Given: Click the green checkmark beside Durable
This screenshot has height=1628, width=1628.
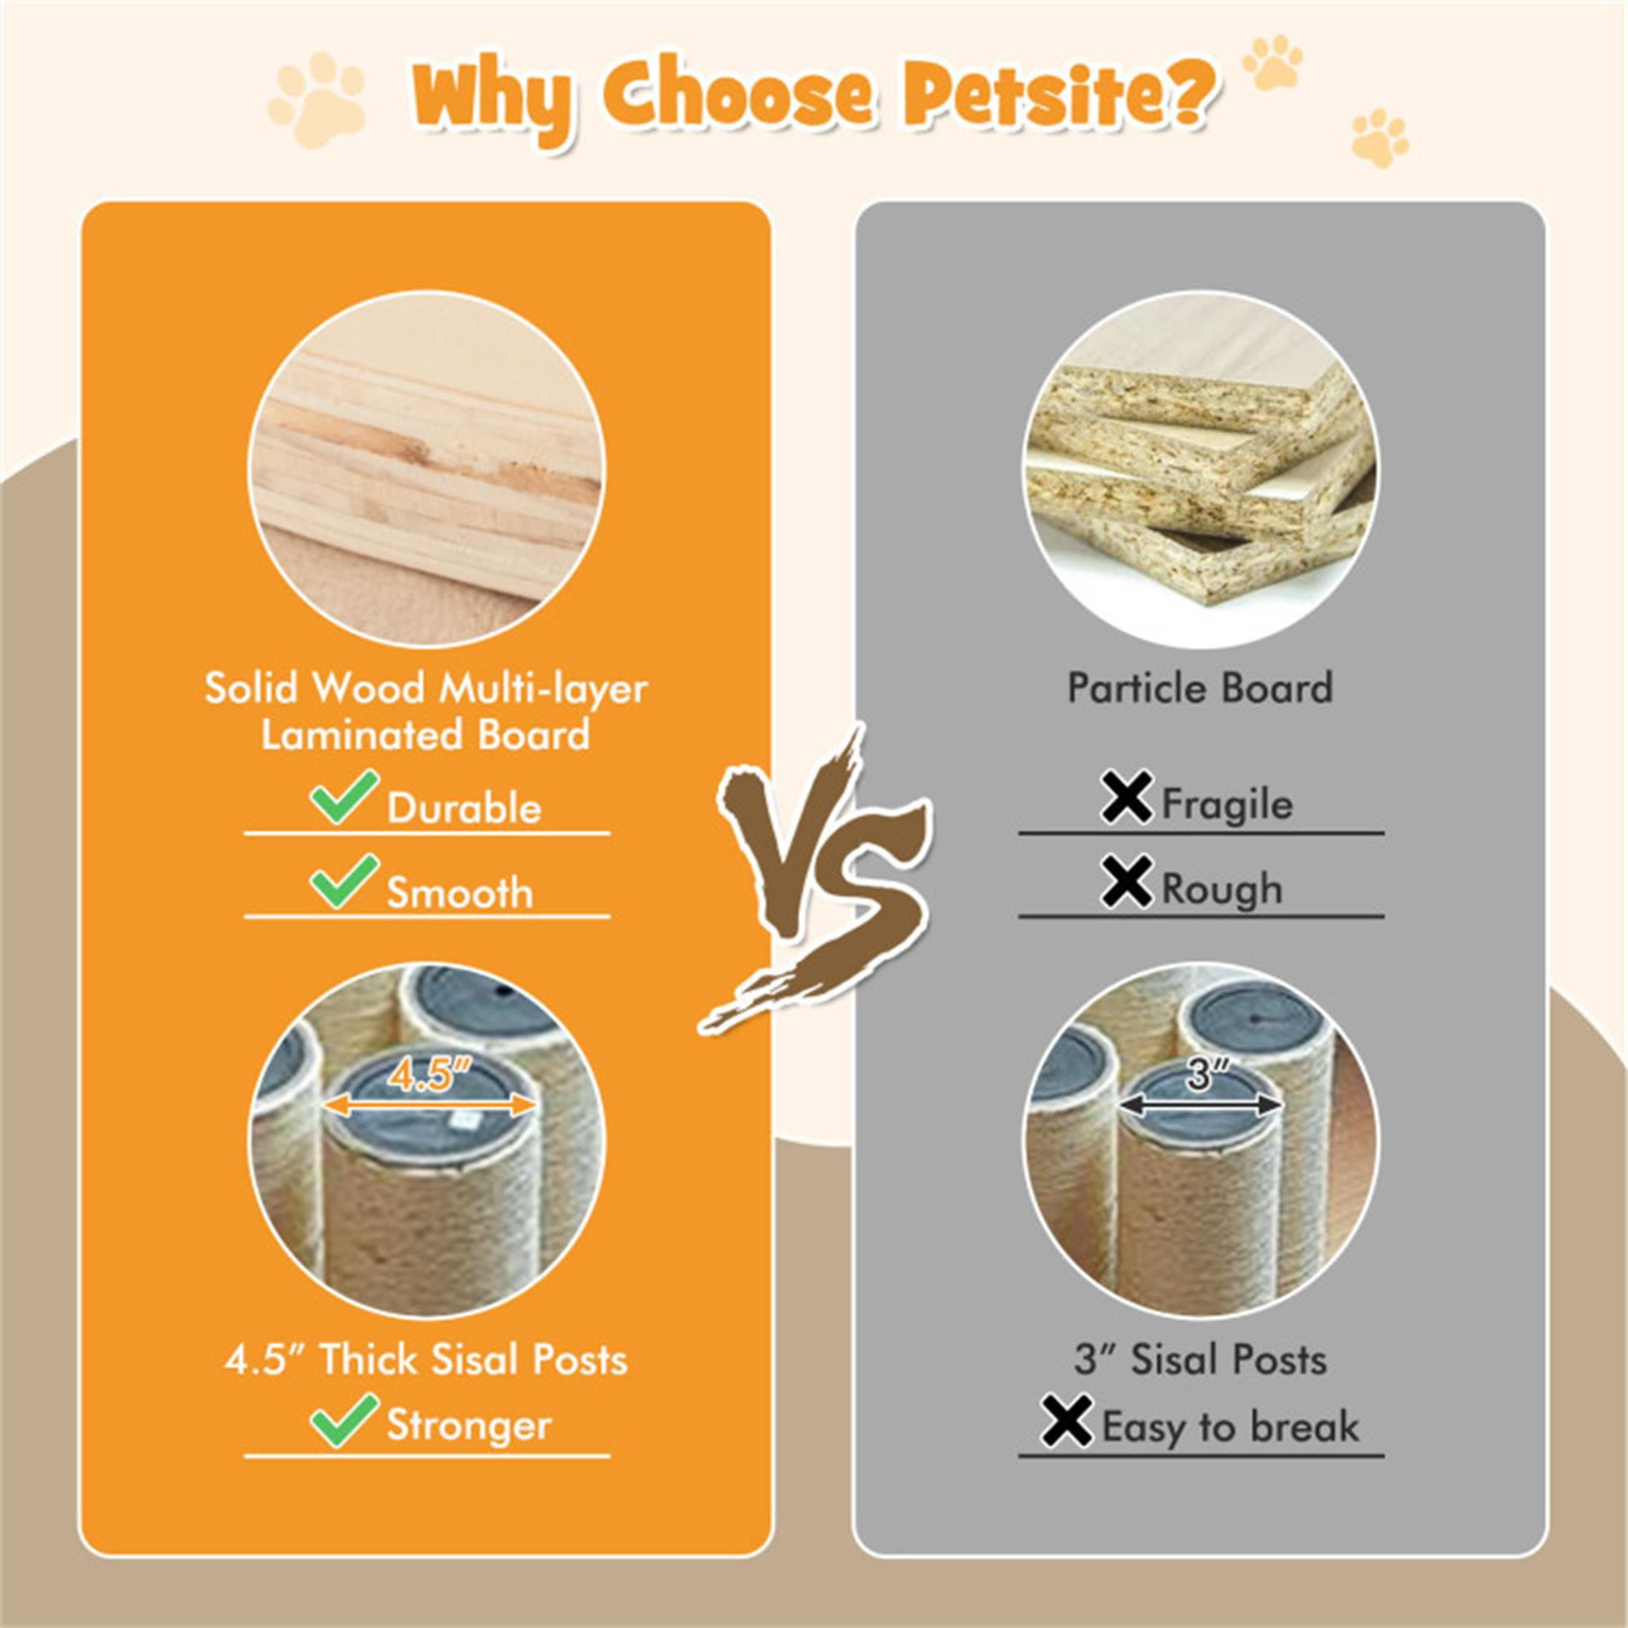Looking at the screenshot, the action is [343, 797].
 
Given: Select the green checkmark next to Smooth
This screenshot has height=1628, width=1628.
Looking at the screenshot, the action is [343, 882].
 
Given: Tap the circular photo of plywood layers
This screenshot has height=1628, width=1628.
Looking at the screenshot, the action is [427, 469].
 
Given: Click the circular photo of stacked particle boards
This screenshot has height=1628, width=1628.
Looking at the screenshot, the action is [1201, 469].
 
